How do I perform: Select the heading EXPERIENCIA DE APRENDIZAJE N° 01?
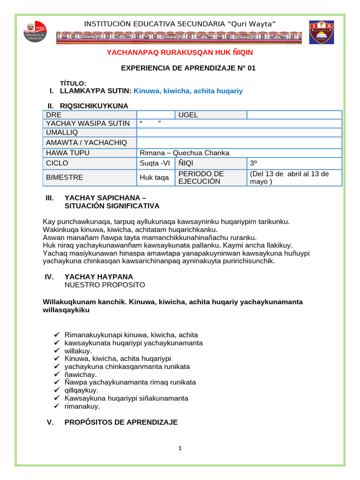[x=188, y=68]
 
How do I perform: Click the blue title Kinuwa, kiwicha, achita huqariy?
[x=188, y=91]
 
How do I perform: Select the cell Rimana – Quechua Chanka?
[x=185, y=153]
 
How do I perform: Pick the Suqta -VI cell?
[x=155, y=163]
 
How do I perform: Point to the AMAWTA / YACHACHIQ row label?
[x=86, y=142]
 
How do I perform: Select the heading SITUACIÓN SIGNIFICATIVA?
[x=112, y=206]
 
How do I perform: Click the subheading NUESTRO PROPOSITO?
[x=105, y=285]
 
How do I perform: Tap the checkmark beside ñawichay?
[x=57, y=375]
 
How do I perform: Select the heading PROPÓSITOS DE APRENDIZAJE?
[x=121, y=422]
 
